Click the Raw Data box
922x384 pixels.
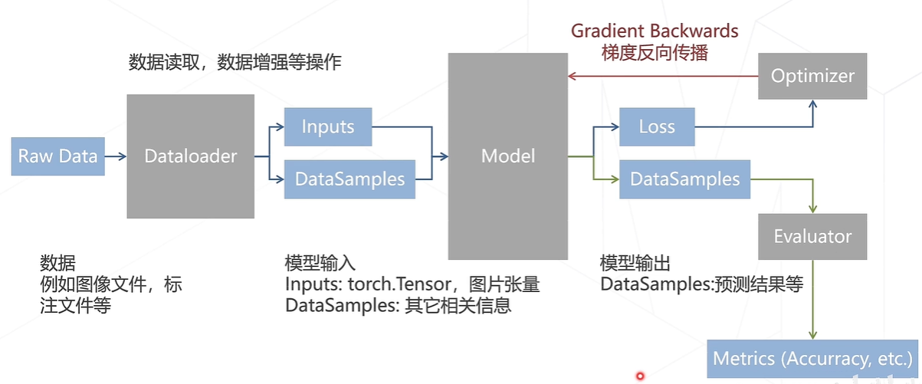[x=57, y=156]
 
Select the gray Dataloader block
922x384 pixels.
[x=191, y=156]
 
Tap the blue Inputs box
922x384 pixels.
[x=328, y=126]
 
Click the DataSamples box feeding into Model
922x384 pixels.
[x=349, y=179]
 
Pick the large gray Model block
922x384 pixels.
[x=507, y=156]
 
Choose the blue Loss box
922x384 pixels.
[x=657, y=126]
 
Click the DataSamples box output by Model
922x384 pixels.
[x=684, y=179]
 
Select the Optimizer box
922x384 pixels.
[x=812, y=76]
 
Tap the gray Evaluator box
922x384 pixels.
[x=812, y=236]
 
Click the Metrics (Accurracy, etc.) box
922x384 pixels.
[x=812, y=358]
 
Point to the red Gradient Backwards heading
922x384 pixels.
[x=655, y=31]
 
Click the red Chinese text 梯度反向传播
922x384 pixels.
[x=655, y=53]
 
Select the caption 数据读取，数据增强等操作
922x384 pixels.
[x=235, y=63]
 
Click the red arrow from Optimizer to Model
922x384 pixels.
[x=663, y=76]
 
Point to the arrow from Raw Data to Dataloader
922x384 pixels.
[x=115, y=156]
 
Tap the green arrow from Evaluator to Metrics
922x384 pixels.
[x=812, y=299]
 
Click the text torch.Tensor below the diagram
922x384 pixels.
[x=392, y=285]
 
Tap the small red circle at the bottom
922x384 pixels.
[x=640, y=376]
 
